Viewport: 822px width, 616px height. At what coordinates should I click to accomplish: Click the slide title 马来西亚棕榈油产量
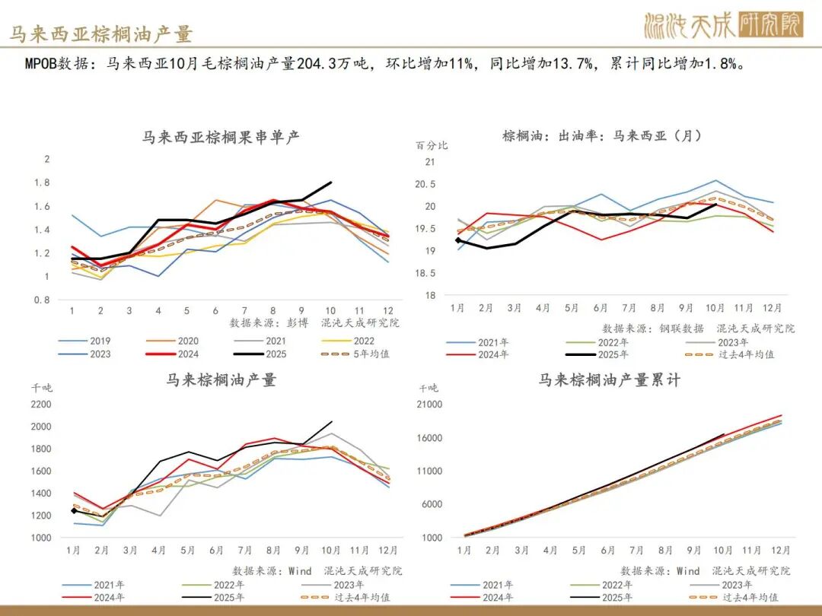[x=101, y=34]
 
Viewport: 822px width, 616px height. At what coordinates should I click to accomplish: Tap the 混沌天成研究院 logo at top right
[x=722, y=26]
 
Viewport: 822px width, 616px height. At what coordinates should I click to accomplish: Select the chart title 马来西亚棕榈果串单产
[x=221, y=138]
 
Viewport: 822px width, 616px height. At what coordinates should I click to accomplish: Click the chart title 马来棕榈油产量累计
[x=609, y=379]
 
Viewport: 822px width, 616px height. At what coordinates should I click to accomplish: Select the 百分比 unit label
[x=432, y=145]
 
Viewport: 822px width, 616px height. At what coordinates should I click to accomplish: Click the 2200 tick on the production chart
[x=41, y=404]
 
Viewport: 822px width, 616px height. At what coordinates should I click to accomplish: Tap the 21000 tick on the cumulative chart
[x=431, y=404]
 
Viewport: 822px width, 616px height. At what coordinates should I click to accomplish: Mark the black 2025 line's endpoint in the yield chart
[x=331, y=183]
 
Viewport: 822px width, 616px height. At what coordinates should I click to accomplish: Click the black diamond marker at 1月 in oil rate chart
[x=458, y=240]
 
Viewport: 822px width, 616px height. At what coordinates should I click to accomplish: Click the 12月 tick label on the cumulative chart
[x=780, y=550]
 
